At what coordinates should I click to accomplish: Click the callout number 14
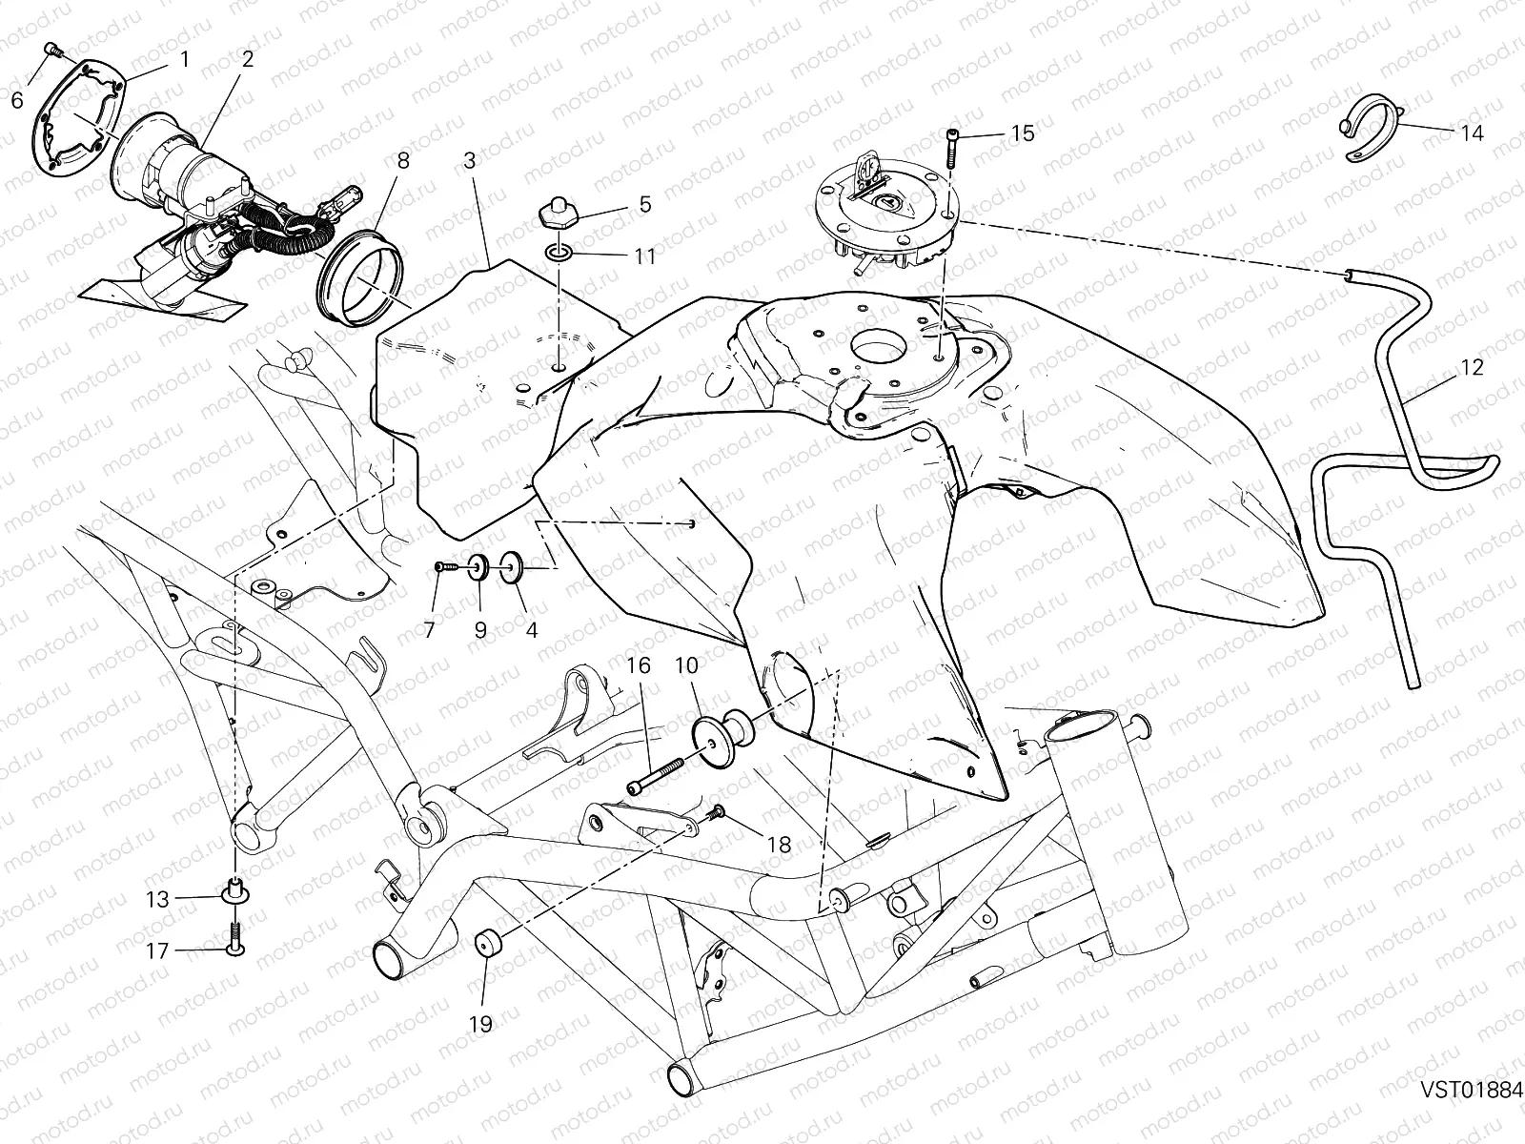(x=1472, y=133)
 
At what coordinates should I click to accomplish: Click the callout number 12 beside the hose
(x=1472, y=367)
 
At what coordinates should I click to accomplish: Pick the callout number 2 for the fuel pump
(x=248, y=59)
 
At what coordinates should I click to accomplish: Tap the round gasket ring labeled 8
(x=358, y=278)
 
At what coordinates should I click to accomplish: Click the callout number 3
(x=470, y=160)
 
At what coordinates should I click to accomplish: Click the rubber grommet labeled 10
(x=722, y=737)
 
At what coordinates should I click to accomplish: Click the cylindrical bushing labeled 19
(x=488, y=946)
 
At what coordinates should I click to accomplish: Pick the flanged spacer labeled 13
(x=234, y=889)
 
